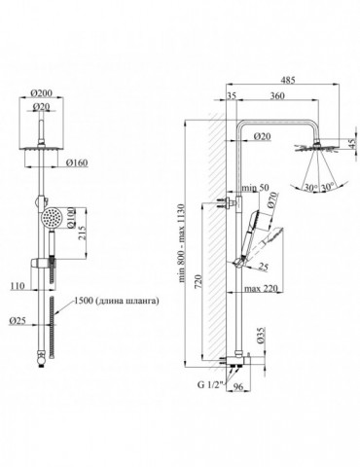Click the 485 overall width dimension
(x=288, y=80)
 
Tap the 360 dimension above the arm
(x=277, y=95)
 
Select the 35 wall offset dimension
(x=232, y=95)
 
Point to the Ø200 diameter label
(x=41, y=93)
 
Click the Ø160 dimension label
(x=77, y=162)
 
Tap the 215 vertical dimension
(x=83, y=233)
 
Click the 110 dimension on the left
(x=18, y=286)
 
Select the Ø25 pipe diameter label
(x=18, y=320)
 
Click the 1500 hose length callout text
(x=117, y=301)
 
